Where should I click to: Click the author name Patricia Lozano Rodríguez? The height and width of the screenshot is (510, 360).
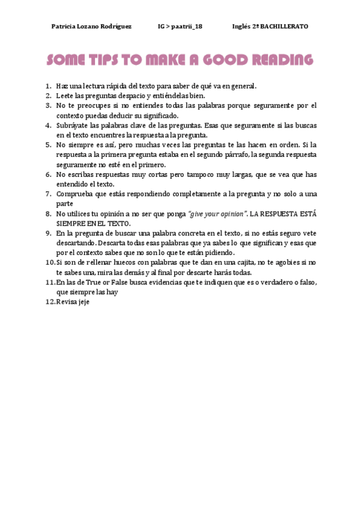click(91, 26)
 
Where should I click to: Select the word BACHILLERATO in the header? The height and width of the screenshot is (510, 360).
click(283, 26)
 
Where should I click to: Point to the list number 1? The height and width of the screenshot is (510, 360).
click(48, 86)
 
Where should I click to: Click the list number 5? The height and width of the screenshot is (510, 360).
click(48, 145)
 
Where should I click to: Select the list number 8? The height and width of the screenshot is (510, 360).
click(48, 214)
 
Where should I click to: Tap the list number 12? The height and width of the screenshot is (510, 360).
click(49, 302)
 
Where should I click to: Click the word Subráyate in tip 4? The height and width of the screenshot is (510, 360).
click(72, 125)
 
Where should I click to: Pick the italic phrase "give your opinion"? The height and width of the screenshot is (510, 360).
click(216, 214)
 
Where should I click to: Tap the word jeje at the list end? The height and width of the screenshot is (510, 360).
click(84, 302)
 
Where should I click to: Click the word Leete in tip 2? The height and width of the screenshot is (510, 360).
click(64, 96)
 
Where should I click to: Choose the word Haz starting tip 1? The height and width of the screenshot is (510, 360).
click(62, 86)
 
